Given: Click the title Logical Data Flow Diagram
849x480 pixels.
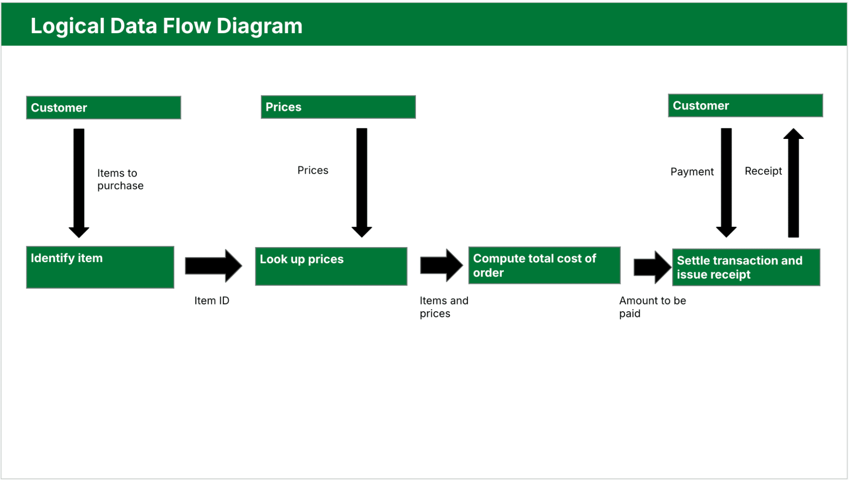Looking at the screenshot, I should pyautogui.click(x=166, y=26).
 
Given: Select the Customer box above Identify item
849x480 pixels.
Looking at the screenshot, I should pyautogui.click(x=103, y=107).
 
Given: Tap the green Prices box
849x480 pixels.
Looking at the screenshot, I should pyautogui.click(x=338, y=107).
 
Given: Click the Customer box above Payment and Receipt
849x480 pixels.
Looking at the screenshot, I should pyautogui.click(x=745, y=105).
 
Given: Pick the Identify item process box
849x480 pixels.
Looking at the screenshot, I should pyautogui.click(x=100, y=267).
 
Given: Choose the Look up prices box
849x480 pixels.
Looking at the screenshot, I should pyautogui.click(x=331, y=266).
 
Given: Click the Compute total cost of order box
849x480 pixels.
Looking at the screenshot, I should pyautogui.click(x=544, y=265).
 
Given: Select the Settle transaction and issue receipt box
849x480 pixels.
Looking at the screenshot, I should pyautogui.click(x=746, y=267).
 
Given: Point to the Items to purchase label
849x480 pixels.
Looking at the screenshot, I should pyautogui.click(x=120, y=179).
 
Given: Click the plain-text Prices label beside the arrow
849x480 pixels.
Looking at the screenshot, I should pyautogui.click(x=313, y=170).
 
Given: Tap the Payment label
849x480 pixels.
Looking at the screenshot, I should pyautogui.click(x=692, y=172).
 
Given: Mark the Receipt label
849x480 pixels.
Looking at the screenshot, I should pyautogui.click(x=763, y=171).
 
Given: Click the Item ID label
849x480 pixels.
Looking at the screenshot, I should pyautogui.click(x=212, y=301).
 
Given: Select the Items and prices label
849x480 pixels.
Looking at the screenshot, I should pyautogui.click(x=443, y=307).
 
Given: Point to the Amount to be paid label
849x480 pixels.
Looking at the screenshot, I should pyautogui.click(x=652, y=307).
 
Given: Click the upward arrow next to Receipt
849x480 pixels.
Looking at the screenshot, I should pyautogui.click(x=793, y=183).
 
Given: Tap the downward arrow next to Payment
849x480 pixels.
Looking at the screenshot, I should pyautogui.click(x=726, y=183).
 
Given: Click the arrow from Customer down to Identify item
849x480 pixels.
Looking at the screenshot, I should pyautogui.click(x=79, y=183).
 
